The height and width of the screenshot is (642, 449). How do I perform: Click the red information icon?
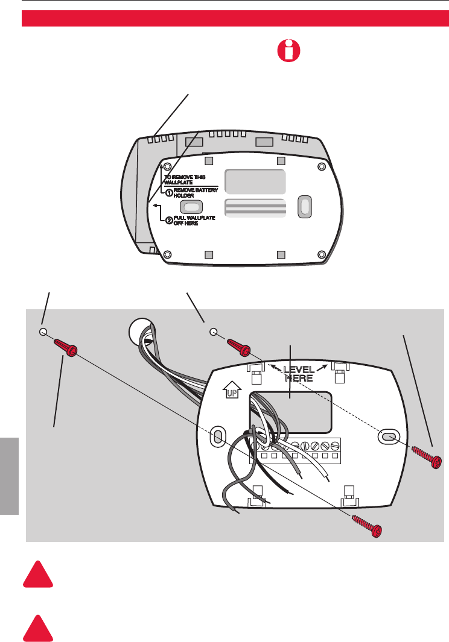click(x=287, y=51)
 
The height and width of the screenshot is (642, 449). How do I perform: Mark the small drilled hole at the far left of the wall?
click(x=43, y=332)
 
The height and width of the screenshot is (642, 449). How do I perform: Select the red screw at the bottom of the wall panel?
click(x=368, y=526)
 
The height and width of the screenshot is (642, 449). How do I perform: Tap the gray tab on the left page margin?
click(x=9, y=476)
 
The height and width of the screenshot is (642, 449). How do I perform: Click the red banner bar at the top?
click(x=235, y=18)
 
